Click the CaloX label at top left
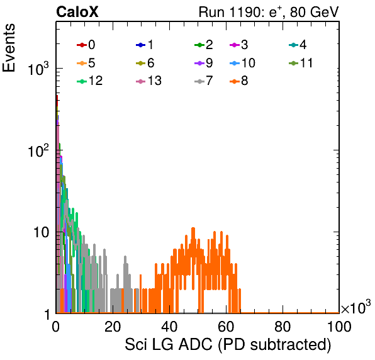coord(77,12)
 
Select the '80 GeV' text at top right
coord(314,12)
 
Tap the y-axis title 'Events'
coord(9,48)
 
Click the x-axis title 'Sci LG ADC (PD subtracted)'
coord(228,344)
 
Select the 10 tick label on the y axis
coord(41,232)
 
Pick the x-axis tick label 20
coord(113,326)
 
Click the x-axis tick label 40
coord(169,326)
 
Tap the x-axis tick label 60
coord(226,326)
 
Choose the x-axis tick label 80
coord(283,326)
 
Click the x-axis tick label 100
coord(339,326)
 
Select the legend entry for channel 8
coord(238,81)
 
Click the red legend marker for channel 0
coord(82,45)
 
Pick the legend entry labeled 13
coord(148,81)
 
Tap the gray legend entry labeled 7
coord(203,81)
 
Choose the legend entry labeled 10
coord(242,63)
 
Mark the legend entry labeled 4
coord(298,45)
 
